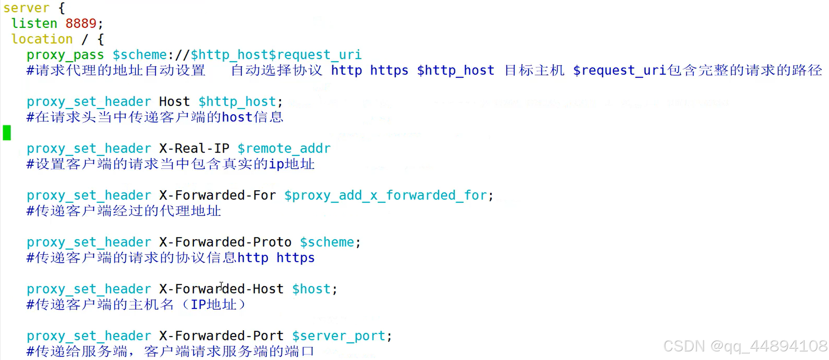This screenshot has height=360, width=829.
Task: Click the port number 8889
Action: (80, 24)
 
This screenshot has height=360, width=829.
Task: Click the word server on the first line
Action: (27, 8)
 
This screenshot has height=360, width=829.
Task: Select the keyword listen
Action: (34, 24)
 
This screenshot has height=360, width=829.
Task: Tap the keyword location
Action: (42, 39)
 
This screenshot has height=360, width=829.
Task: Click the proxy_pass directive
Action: (65, 55)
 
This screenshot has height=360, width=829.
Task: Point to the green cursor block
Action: (7, 133)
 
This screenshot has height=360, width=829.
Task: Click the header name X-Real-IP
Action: (194, 149)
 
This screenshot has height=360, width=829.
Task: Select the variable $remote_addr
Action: (284, 149)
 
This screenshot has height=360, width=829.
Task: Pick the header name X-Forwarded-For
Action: (217, 196)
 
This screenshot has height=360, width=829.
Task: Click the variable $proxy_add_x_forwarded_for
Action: (386, 196)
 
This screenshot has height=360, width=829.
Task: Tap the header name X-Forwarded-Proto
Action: (225, 242)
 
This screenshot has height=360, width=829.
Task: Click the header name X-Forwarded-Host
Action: (221, 289)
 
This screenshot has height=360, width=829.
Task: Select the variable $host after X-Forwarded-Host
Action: (311, 289)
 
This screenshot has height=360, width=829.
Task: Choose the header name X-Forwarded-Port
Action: (221, 336)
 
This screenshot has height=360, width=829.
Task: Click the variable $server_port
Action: (339, 336)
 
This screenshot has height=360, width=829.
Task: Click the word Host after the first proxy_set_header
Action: (174, 102)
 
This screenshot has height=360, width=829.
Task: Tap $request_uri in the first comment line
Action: (619, 71)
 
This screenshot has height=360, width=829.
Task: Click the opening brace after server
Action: (61, 8)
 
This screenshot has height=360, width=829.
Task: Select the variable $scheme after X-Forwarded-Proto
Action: (327, 242)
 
